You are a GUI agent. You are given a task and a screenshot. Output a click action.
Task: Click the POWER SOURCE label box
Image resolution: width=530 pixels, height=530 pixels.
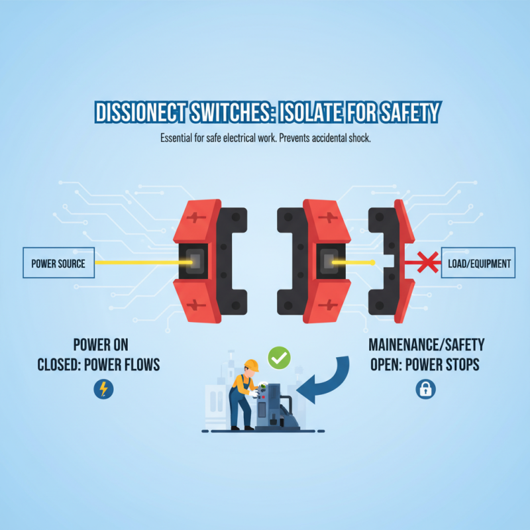[58, 263]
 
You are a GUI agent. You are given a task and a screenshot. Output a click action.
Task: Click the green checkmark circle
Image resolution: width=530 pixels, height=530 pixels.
[279, 358]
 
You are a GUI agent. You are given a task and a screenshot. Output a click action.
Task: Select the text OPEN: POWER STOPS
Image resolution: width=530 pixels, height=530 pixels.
[425, 365]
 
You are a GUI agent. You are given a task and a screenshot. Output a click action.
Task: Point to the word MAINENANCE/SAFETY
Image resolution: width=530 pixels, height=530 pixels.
[425, 344]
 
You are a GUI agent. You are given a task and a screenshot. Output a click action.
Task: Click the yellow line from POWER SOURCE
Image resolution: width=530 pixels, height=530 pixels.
[139, 263]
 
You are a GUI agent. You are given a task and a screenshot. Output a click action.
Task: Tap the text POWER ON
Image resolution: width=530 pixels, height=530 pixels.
[101, 344]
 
